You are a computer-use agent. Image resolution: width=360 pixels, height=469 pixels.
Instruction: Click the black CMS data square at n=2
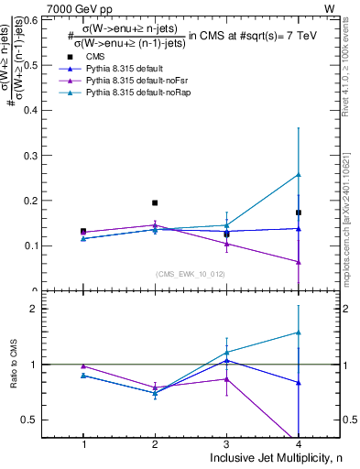155,202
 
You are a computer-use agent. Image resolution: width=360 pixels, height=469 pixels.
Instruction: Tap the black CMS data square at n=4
298,213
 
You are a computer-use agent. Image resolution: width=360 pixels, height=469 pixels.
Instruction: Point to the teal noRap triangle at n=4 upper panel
298,174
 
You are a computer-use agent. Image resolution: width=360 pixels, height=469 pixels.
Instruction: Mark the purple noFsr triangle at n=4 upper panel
298,262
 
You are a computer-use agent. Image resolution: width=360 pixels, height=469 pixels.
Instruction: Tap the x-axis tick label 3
226,443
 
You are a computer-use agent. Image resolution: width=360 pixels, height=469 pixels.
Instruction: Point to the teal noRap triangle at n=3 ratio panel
226,352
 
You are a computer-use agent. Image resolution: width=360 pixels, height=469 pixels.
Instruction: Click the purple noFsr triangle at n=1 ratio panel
83,365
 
